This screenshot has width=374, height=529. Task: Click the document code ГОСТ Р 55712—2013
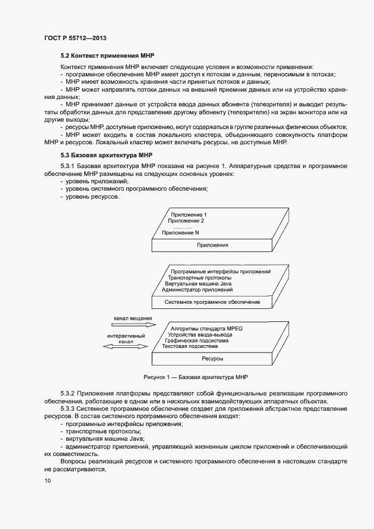tap(75, 38)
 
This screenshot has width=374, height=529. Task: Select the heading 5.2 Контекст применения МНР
tap(107, 56)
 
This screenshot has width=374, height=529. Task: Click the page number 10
tap(47, 481)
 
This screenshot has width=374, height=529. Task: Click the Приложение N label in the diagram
tap(180, 233)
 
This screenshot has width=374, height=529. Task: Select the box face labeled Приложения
tap(212, 245)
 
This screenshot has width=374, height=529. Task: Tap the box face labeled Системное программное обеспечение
tap(212, 302)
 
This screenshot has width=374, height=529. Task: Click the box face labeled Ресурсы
tap(212, 359)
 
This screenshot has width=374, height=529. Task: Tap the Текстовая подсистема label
tap(190, 347)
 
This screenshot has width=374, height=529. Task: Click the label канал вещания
tap(132, 319)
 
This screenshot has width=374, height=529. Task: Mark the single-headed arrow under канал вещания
tap(132, 326)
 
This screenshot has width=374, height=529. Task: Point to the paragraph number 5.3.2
tap(68, 393)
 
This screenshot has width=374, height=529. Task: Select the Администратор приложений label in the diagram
tap(197, 290)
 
